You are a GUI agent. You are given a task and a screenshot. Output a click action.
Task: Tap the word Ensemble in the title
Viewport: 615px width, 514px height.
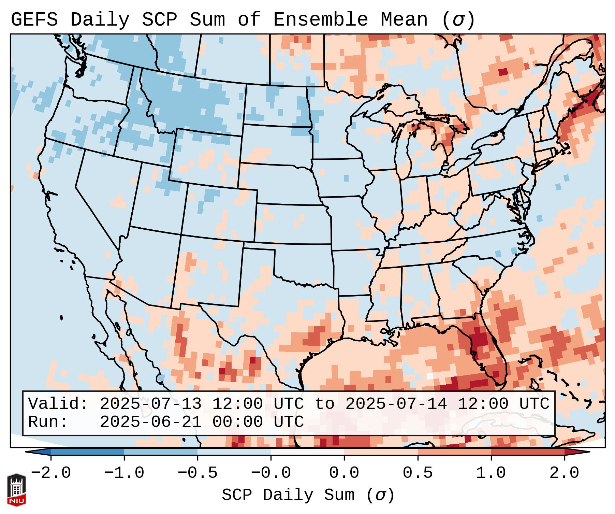coord(320,20)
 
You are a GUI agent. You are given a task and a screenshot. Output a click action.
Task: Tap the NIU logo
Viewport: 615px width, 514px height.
coord(16,490)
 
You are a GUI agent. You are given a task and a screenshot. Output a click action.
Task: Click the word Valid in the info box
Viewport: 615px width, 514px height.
coord(58,404)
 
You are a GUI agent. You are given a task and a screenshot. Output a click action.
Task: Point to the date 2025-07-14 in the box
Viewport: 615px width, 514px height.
coord(396,404)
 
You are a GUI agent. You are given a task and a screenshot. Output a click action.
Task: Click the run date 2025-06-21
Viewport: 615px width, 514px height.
coord(150,422)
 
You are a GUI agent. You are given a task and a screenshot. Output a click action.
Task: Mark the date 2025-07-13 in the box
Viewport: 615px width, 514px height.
coord(150,404)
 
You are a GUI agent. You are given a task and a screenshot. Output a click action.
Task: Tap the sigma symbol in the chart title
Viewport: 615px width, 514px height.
coord(458,20)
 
